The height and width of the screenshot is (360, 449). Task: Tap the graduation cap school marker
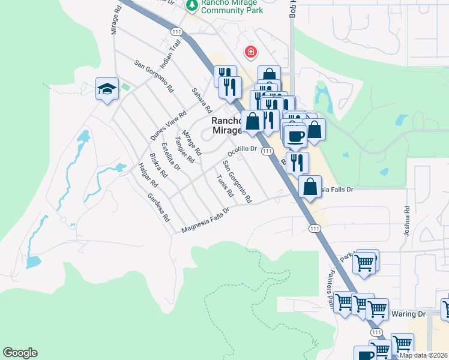pyautogui.click(x=107, y=89)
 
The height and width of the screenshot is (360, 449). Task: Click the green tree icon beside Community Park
pyautogui.click(x=192, y=5)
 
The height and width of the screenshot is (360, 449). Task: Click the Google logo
pyautogui.click(x=20, y=353)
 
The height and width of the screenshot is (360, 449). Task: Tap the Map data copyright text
pyautogui.click(x=423, y=355)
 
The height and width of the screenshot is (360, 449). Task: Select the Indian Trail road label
pyautogui.click(x=170, y=53)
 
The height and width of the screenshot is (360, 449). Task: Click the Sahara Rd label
pyautogui.click(x=202, y=101)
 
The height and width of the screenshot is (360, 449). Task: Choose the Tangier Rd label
pyautogui.click(x=184, y=149)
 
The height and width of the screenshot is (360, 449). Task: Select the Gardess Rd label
pyautogui.click(x=158, y=208)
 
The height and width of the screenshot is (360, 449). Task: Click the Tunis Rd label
pyautogui.click(x=224, y=187)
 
